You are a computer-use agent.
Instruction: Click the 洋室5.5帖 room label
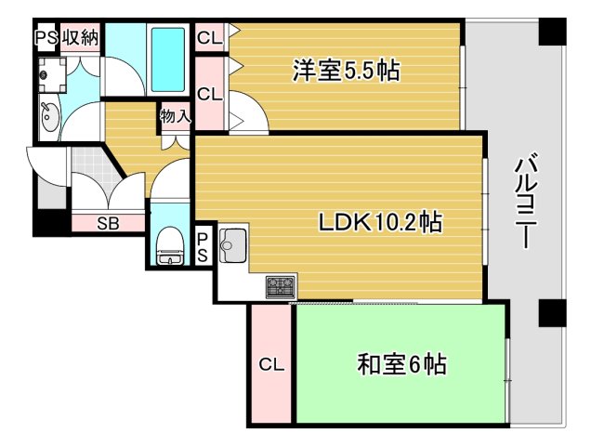(346, 71)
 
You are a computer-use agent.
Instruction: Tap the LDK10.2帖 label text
(379, 223)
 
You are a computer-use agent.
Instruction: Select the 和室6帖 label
(401, 365)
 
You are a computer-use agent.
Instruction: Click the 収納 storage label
(80, 38)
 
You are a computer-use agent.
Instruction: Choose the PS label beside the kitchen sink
(204, 246)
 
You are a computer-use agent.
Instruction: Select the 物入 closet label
(175, 116)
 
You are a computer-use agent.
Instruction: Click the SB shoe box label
(108, 223)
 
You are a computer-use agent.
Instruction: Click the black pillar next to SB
(51, 223)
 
